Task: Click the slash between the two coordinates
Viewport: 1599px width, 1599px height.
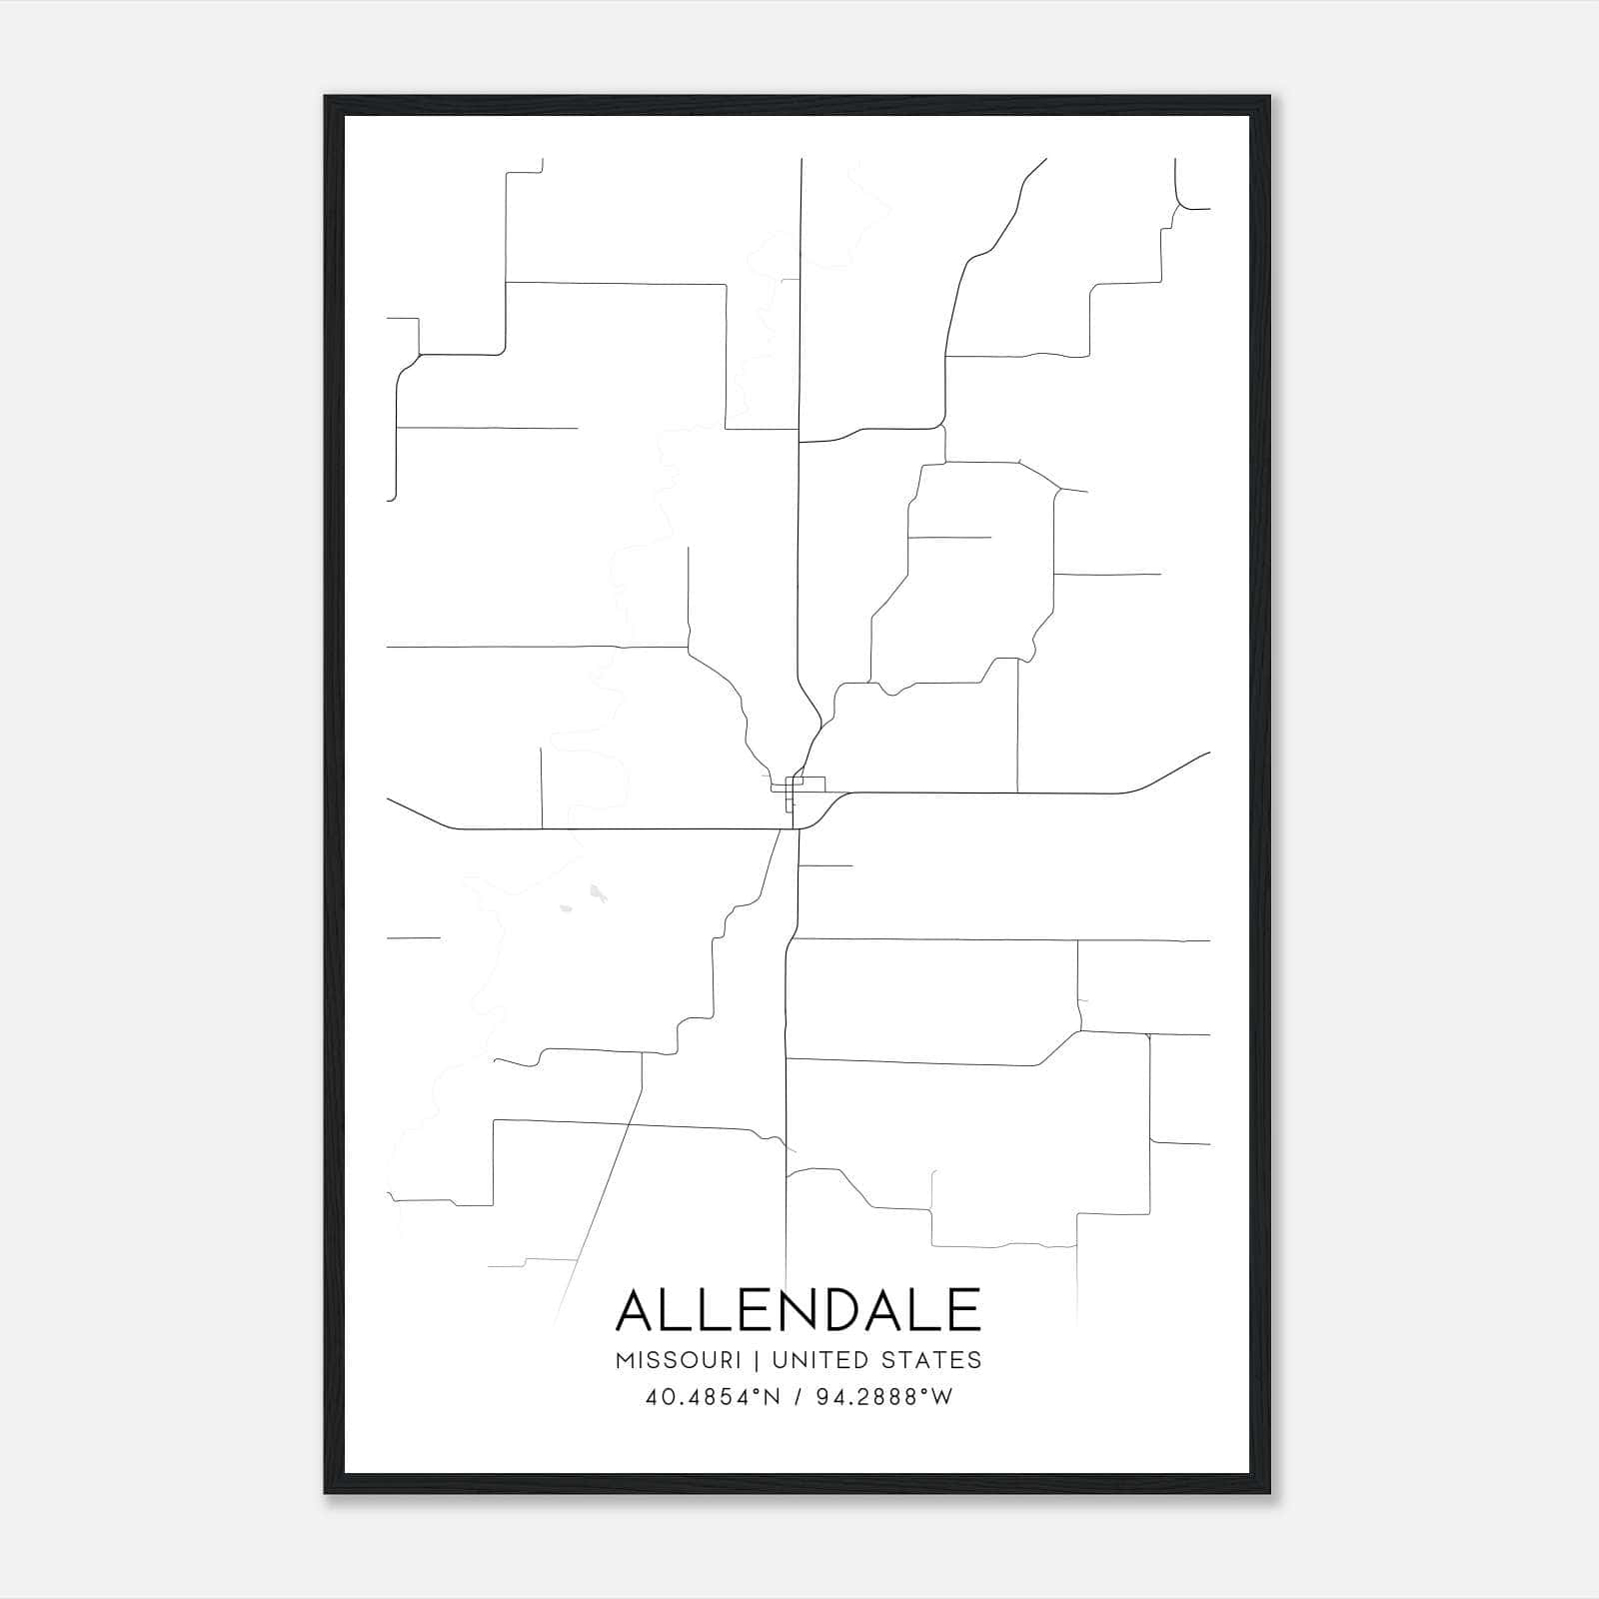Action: pos(798,1397)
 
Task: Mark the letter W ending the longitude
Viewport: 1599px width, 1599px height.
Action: pos(941,1397)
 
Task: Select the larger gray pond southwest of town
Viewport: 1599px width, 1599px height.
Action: pos(597,891)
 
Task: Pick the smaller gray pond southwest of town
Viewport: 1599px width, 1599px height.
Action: pos(566,908)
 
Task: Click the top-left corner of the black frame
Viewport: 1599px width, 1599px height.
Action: pos(327,98)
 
